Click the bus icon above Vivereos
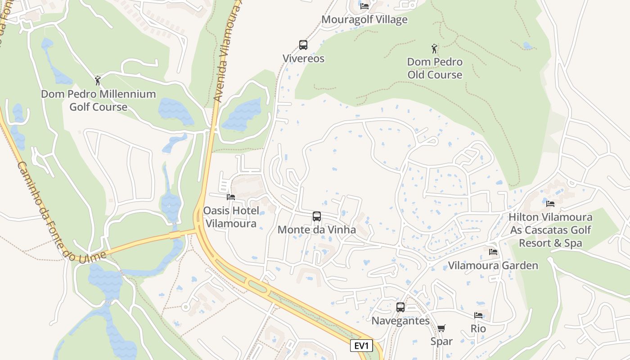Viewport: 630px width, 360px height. [303, 45]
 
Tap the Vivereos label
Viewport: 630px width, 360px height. [303, 58]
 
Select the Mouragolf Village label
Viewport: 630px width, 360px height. [364, 20]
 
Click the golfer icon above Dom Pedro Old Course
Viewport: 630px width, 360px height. [434, 48]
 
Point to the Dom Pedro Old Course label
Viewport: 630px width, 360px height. [435, 68]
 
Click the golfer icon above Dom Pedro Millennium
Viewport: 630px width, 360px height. [98, 81]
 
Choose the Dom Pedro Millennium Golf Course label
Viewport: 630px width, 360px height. [98, 100]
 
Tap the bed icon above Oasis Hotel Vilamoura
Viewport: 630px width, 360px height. [231, 197]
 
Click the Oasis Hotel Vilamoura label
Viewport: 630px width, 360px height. [231, 217]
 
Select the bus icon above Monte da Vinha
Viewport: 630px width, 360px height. [317, 216]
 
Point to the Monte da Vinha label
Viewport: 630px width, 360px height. [317, 230]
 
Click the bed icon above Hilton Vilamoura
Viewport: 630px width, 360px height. [550, 204]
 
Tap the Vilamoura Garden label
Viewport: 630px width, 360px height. [493, 265]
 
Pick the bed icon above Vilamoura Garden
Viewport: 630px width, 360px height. [493, 252]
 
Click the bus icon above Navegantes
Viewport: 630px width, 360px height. [400, 307]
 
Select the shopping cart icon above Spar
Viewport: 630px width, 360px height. [441, 328]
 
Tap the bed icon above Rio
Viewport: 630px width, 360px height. [478, 315]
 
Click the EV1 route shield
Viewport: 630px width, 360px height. [362, 346]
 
